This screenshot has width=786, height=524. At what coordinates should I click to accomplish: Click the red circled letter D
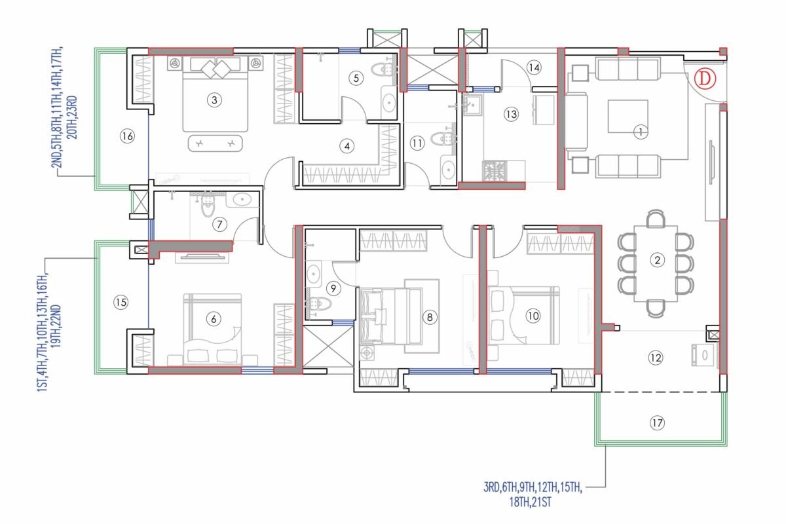[705, 79]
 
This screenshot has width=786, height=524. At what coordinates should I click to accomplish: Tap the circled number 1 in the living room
[641, 132]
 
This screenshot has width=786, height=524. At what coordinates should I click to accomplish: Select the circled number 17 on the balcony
[657, 422]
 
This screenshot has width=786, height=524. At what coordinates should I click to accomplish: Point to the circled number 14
[534, 67]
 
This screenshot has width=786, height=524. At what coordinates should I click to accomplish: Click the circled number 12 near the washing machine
[656, 358]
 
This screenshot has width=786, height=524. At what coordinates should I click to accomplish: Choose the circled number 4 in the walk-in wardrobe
[347, 146]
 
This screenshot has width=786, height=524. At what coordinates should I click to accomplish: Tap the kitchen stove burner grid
[495, 170]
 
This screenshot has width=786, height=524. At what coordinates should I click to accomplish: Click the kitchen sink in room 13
[472, 104]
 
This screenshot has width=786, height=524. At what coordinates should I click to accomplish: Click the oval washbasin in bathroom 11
[448, 170]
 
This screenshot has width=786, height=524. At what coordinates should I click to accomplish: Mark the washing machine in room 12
[703, 355]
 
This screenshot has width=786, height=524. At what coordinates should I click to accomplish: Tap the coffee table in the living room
[628, 116]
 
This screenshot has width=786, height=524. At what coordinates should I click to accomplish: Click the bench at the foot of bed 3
[215, 143]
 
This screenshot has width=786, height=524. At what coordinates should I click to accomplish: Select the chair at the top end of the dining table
[656, 218]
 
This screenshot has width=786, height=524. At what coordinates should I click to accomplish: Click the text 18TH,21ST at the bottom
[530, 502]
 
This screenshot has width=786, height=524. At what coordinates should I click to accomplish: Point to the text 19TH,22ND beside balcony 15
[56, 326]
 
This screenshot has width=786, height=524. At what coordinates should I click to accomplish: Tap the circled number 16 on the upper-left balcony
[127, 136]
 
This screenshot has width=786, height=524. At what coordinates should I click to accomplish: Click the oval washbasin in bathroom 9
[313, 272]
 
